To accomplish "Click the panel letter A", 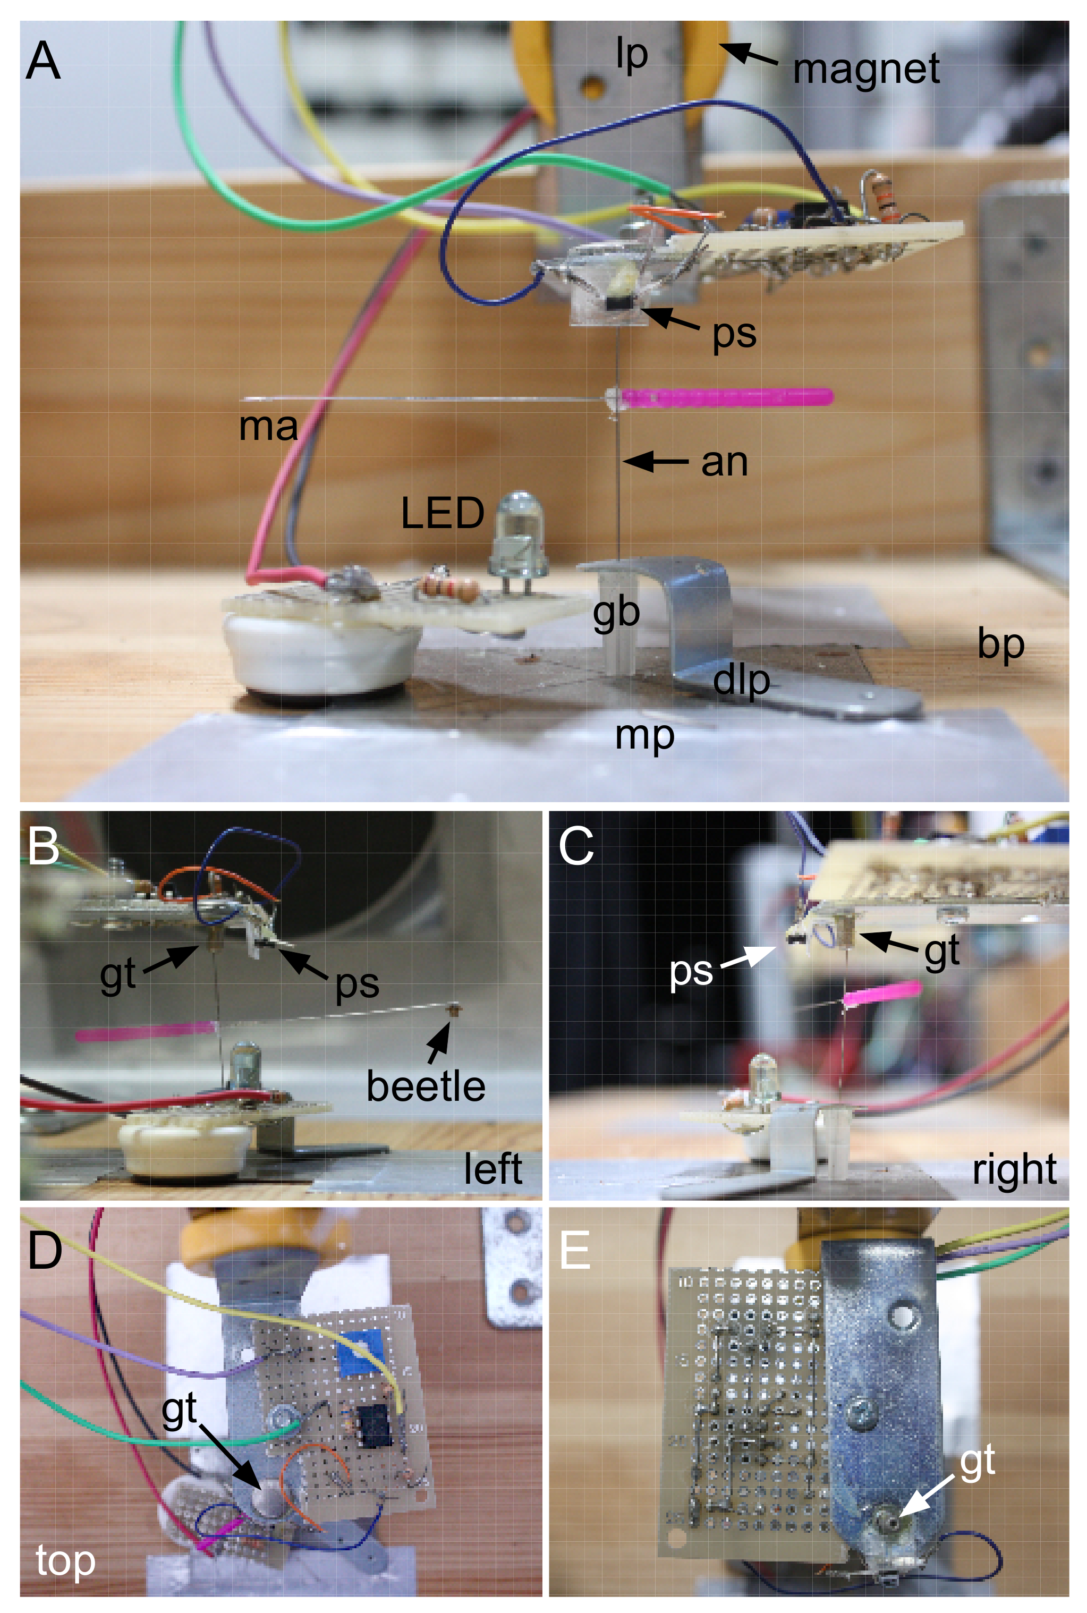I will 43,61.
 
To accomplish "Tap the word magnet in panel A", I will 866,69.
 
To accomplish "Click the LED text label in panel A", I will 442,514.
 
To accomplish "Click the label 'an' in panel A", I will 725,462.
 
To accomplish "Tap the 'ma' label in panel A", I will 268,427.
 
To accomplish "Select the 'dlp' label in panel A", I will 741,681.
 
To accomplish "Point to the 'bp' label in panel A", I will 1000,644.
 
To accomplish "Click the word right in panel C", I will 1014,1169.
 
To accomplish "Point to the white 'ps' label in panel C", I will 691,971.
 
